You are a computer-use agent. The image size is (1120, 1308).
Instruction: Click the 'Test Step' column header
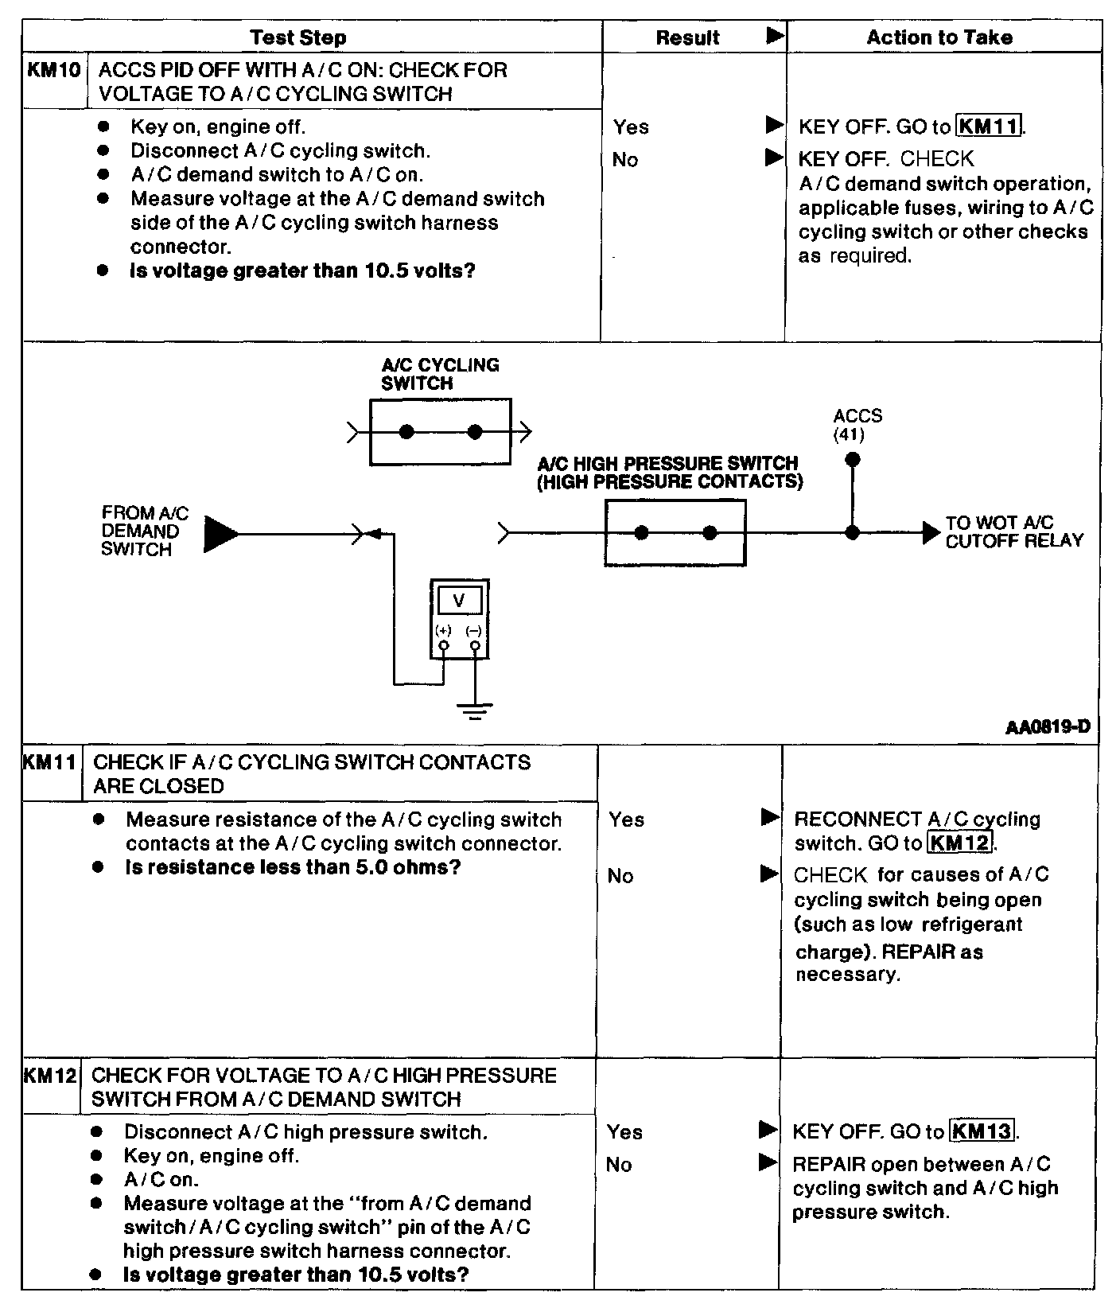point(298,37)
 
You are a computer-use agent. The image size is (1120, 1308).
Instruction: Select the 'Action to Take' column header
point(939,37)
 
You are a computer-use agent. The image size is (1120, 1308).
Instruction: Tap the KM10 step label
point(54,70)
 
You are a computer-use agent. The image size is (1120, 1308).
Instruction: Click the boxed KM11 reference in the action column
point(990,127)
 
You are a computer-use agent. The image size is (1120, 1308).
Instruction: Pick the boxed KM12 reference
point(961,843)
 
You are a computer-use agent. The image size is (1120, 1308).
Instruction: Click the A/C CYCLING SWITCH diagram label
point(440,374)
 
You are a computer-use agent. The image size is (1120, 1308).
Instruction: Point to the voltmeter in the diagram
point(459,619)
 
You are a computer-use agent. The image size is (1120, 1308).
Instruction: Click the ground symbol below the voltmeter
point(475,710)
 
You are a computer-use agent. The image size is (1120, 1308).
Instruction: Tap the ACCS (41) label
point(857,425)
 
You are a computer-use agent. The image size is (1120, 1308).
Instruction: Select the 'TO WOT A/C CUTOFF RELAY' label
point(1014,531)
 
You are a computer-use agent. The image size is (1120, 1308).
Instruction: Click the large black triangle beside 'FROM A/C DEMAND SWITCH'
point(220,533)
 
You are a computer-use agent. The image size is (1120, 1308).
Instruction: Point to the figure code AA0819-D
point(1047,727)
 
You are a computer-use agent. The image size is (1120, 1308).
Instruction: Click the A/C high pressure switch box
point(675,533)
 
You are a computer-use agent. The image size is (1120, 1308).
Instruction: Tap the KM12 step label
point(50,1076)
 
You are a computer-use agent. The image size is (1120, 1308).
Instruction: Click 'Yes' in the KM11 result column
point(626,819)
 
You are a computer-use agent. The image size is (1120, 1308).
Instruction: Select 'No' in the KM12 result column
point(618,1165)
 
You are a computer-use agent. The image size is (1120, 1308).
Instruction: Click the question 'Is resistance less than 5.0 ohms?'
point(293,867)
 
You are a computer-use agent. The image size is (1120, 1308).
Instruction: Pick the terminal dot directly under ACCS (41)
point(852,459)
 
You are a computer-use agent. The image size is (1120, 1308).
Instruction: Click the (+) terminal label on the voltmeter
point(443,631)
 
